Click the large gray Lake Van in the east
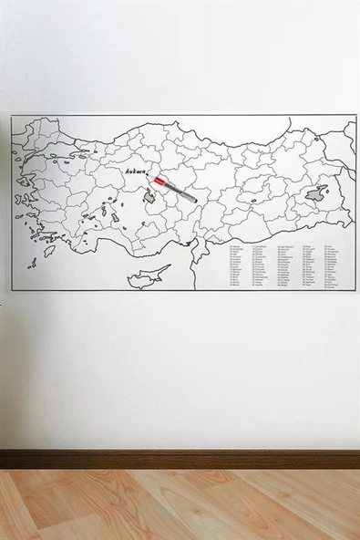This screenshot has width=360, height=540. (x=316, y=193)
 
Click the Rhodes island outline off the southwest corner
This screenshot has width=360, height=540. (x=33, y=262)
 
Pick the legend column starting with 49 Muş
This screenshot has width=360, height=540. (x=309, y=266)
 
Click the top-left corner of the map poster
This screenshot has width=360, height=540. (x=12, y=115)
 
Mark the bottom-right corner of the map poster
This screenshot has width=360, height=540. (x=355, y=292)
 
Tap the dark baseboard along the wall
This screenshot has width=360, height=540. (x=180, y=459)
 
